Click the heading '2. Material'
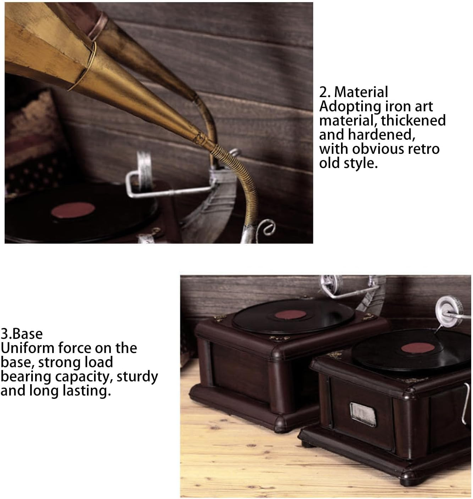coord(353,92)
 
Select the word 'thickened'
coord(413,120)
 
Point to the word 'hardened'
coord(381,135)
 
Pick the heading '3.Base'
coord(22,334)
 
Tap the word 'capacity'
coord(84,377)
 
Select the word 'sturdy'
coord(137,377)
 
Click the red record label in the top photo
coord(73,210)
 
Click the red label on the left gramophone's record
coord(290,315)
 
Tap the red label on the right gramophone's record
coord(418,348)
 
